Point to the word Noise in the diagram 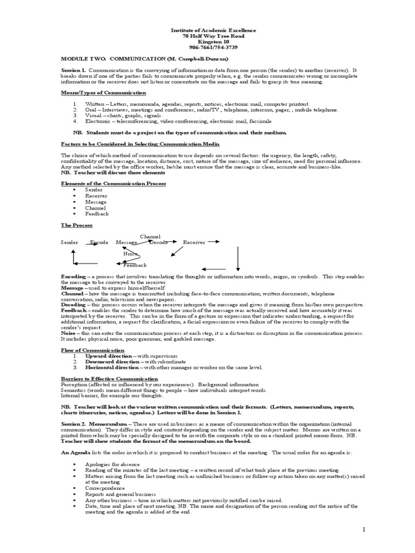tap(130, 253)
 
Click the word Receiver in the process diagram tap(194, 242)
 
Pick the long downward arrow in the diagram tap(238, 258)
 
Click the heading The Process tap(77, 225)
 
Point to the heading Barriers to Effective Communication tap(109, 379)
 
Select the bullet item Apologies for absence tap(112, 464)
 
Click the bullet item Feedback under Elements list tap(97, 214)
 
